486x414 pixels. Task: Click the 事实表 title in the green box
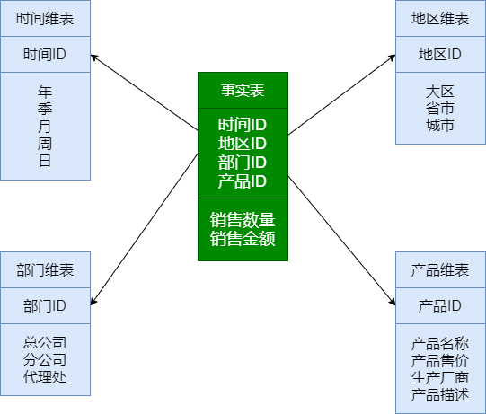[243, 90]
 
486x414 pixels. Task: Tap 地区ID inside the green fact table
[243, 144]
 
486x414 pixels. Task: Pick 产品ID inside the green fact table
[243, 181]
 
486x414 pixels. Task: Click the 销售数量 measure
[243, 220]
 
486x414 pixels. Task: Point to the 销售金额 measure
[243, 239]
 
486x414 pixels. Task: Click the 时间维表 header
[45, 19]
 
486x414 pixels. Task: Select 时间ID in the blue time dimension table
[45, 55]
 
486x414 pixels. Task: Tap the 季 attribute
[45, 109]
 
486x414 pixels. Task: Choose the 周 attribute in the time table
[45, 144]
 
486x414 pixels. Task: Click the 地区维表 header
[440, 19]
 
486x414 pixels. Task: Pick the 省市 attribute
[440, 108]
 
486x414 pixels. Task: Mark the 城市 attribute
[440, 126]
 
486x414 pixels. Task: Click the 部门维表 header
[45, 270]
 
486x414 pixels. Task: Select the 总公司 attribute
[45, 342]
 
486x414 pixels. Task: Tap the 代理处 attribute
[45, 377]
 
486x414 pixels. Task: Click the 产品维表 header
[440, 270]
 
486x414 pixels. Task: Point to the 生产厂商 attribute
[440, 377]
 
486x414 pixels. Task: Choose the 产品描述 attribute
[440, 395]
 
